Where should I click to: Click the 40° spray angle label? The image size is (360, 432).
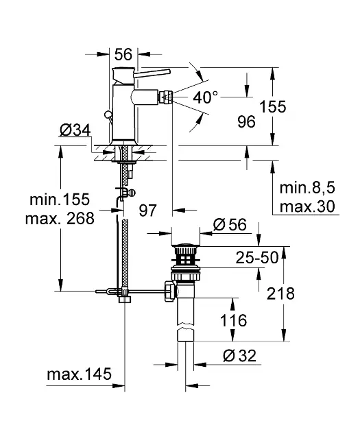205,97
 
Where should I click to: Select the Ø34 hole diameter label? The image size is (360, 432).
75,130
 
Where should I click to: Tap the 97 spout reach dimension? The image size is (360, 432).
147,211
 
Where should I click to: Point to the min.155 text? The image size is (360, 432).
60,199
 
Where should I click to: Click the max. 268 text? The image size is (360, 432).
60,219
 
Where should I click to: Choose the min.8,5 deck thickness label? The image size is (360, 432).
307,188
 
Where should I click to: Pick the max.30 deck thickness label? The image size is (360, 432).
307,206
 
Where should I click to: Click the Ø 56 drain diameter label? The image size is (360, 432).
230,224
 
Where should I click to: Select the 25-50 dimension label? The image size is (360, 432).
257,258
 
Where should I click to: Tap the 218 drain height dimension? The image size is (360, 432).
280,293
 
